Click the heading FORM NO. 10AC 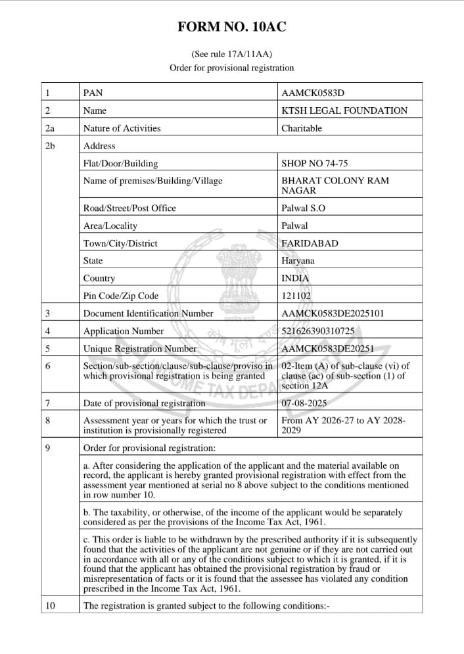231,27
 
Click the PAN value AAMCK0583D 312,93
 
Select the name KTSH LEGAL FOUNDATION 344,111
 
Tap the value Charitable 301,129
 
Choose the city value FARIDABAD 310,244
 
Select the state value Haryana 298,261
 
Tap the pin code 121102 296,296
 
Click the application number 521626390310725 323,331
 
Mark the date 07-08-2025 304,403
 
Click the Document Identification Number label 148,314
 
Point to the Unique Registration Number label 139,349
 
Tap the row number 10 51,605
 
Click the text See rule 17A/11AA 231,54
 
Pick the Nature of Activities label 122,129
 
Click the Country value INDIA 294,279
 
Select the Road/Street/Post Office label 129,208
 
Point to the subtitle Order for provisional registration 231,68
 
